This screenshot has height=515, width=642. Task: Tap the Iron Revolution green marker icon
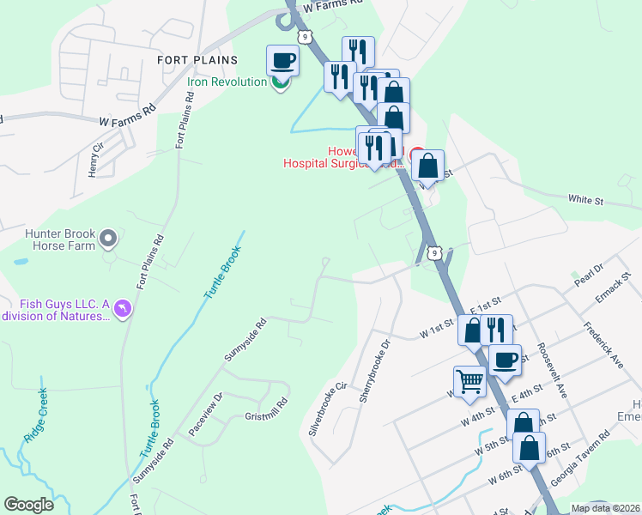tap(280, 83)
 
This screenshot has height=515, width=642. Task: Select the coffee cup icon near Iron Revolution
tap(283, 61)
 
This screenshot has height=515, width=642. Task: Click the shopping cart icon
tap(469, 381)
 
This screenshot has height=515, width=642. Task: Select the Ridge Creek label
tap(36, 415)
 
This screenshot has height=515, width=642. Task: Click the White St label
tap(586, 200)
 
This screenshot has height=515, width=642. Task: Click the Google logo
tap(28, 505)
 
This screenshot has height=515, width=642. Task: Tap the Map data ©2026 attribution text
tap(605, 508)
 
